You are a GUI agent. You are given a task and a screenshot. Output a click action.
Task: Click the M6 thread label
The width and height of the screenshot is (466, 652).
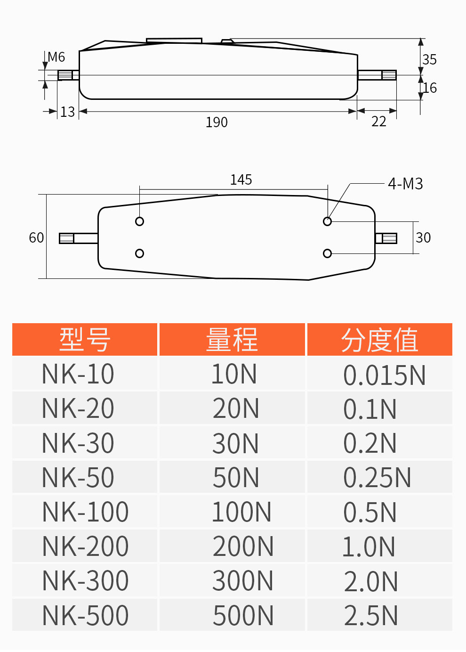pyautogui.click(x=56, y=57)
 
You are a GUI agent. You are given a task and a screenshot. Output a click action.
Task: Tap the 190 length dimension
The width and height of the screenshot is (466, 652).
pyautogui.click(x=217, y=122)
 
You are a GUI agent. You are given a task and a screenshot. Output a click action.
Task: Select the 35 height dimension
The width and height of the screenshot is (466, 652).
pyautogui.click(x=429, y=60)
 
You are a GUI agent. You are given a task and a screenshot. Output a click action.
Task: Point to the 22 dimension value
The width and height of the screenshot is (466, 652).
pyautogui.click(x=379, y=122)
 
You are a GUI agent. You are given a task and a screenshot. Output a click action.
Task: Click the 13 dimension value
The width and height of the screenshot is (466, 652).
pyautogui.click(x=67, y=112)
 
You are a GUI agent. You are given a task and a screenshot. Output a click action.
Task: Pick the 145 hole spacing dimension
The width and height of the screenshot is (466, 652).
pyautogui.click(x=241, y=180)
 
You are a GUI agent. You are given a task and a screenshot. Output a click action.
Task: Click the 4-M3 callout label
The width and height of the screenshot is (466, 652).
pyautogui.click(x=405, y=184)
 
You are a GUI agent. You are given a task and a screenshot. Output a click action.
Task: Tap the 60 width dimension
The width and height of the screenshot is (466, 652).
pyautogui.click(x=36, y=238)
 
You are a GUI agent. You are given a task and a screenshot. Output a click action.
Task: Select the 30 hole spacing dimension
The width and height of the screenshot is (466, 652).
pyautogui.click(x=423, y=238)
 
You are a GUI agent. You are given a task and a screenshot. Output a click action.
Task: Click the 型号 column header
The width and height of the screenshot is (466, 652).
pyautogui.click(x=85, y=339)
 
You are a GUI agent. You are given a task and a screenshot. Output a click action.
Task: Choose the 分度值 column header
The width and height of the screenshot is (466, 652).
pyautogui.click(x=379, y=339)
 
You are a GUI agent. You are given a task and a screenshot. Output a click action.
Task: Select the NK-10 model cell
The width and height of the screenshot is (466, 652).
pyautogui.click(x=78, y=374)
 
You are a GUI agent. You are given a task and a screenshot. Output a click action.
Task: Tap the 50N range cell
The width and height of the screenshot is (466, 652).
pyautogui.click(x=236, y=478)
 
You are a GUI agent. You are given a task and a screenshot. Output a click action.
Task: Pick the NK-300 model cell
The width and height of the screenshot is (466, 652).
pyautogui.click(x=85, y=581)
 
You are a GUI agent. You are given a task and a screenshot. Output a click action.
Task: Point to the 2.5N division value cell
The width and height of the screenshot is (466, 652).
pyautogui.click(x=370, y=615)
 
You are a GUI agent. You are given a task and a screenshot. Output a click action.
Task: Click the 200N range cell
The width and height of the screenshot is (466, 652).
pyautogui.click(x=243, y=546)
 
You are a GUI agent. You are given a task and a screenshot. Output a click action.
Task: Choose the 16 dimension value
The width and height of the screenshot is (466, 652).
pyautogui.click(x=430, y=88)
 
